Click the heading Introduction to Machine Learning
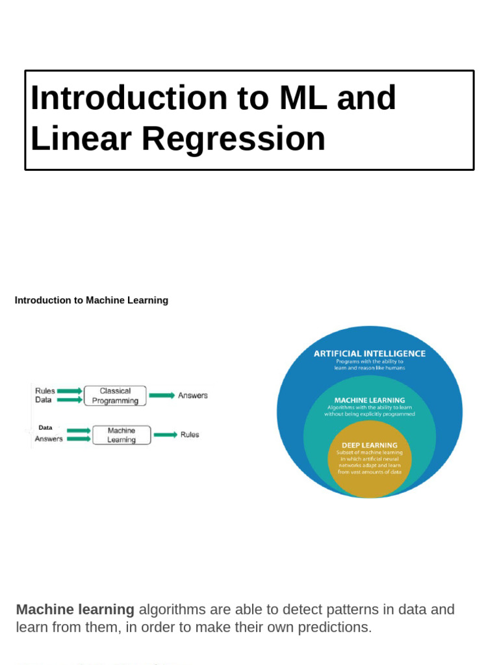tap(92, 301)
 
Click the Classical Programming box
tap(115, 396)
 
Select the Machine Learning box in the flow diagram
tap(122, 435)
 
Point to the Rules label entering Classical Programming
tap(45, 391)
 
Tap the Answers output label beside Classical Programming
tap(193, 395)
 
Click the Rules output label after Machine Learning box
tap(190, 434)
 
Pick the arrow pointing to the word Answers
tap(162, 395)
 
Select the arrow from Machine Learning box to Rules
tap(165, 434)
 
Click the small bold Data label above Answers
tap(45, 428)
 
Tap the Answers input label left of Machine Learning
tap(49, 439)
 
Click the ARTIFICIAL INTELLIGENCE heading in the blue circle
tap(370, 354)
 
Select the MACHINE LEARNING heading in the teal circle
tap(370, 400)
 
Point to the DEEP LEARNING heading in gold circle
tap(370, 445)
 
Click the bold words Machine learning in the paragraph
tap(75, 610)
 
